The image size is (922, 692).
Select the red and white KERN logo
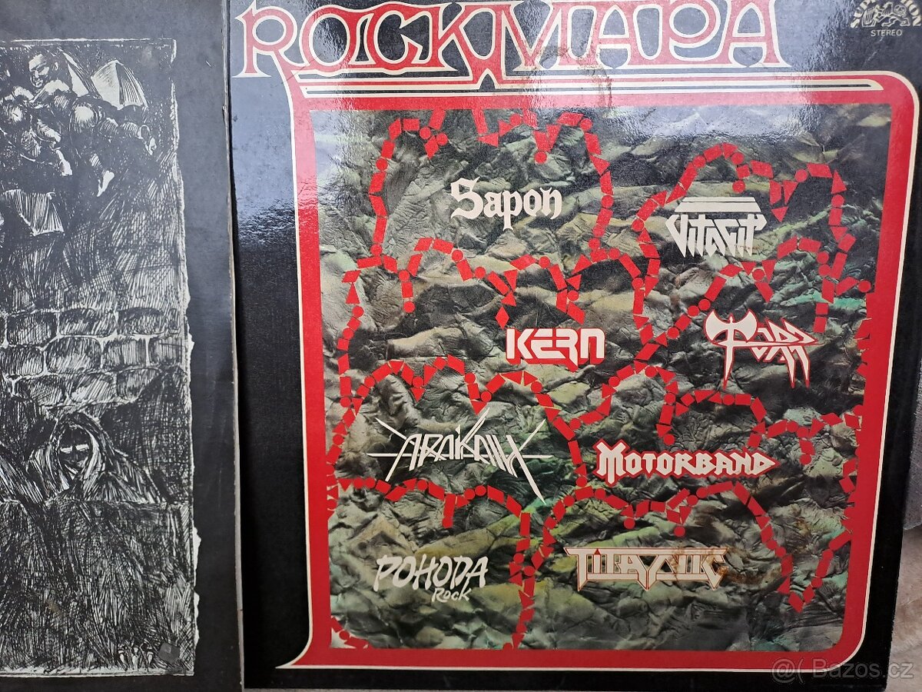pyautogui.click(x=556, y=348)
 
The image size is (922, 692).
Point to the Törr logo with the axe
pyautogui.click(x=760, y=344)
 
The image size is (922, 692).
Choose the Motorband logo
pyautogui.click(x=685, y=463)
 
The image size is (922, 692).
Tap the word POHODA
pyautogui.click(x=429, y=572)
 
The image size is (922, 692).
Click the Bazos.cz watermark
pyautogui.click(x=843, y=670)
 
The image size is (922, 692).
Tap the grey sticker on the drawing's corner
pyautogui.click(x=171, y=650)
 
